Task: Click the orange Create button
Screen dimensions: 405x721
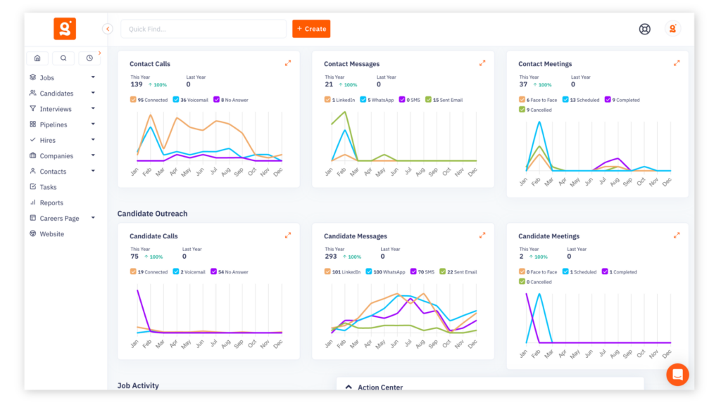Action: [311, 29]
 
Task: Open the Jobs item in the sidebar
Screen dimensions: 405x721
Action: [46, 78]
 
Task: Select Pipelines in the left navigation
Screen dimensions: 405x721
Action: [54, 124]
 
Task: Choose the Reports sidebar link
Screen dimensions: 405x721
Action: [51, 202]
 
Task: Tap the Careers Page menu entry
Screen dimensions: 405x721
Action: [59, 219]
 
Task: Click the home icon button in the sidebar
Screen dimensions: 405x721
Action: [37, 58]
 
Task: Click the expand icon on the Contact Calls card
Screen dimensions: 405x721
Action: [288, 63]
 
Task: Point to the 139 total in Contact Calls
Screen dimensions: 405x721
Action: [137, 84]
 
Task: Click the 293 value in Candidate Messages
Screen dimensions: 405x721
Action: [331, 257]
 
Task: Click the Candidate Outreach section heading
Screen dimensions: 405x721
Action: [152, 214]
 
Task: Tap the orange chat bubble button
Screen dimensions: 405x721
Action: [677, 375]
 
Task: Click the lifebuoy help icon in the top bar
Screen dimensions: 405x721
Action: [644, 29]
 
